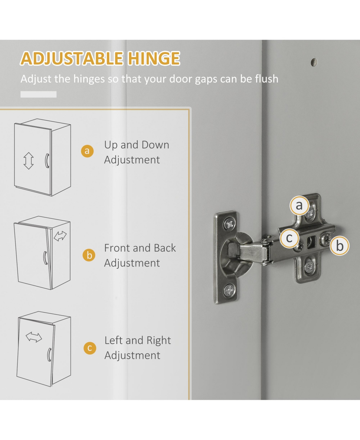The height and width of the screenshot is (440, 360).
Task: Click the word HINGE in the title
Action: [x=154, y=58]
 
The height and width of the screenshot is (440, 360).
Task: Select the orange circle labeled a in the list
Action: [x=87, y=151]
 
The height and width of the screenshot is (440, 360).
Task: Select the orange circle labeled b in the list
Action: [x=89, y=255]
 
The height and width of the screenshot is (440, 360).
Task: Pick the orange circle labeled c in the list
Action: [x=90, y=348]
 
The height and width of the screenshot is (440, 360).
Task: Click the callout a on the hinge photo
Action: [x=299, y=205]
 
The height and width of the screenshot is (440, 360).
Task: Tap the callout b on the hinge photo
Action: [x=340, y=246]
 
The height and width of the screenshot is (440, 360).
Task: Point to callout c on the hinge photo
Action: [x=289, y=238]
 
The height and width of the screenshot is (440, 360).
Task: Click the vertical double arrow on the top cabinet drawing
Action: [x=28, y=161]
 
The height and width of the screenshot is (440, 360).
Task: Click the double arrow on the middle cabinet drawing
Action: [x=60, y=236]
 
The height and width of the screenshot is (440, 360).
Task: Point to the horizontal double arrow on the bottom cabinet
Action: [x=34, y=337]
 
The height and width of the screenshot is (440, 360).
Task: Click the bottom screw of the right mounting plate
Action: [x=309, y=267]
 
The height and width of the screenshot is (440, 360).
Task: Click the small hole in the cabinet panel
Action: [x=314, y=62]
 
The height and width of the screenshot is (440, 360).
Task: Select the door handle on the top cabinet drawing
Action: [x=47, y=161]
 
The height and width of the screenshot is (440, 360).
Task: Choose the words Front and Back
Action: [x=140, y=248]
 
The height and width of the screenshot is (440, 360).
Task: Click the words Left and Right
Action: [x=138, y=340]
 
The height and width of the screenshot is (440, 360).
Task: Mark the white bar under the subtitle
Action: [x=38, y=94]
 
